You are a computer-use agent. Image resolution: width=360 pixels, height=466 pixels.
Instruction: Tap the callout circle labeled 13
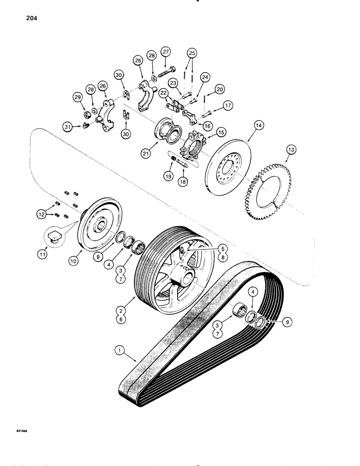291,149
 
